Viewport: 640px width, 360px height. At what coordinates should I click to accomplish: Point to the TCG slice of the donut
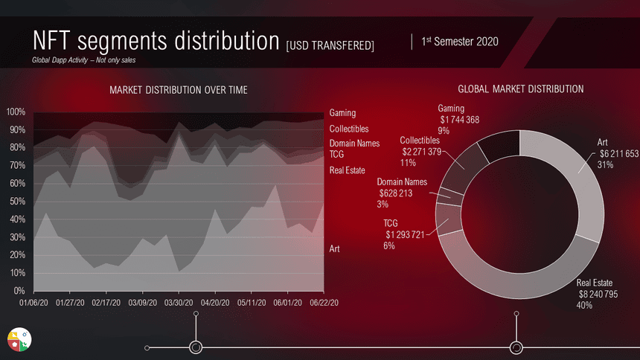coord(448,219)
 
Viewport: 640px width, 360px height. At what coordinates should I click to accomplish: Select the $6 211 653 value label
coord(619,154)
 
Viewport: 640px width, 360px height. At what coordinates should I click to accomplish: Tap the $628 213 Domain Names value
coord(395,193)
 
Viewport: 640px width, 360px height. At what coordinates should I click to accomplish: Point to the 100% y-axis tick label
coord(16,112)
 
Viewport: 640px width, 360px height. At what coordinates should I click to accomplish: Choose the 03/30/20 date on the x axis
coord(179,303)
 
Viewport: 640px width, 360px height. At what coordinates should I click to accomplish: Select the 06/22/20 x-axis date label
coord(324,303)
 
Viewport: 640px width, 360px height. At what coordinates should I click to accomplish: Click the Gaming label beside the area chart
coord(342,113)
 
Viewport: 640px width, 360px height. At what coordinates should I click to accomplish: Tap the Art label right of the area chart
coord(334,248)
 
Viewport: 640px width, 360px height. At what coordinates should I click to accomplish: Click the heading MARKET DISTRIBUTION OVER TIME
coord(179,90)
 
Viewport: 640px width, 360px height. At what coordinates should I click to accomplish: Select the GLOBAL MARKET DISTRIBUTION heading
coord(520,89)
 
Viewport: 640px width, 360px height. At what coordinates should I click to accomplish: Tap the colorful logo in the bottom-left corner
coord(19,339)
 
